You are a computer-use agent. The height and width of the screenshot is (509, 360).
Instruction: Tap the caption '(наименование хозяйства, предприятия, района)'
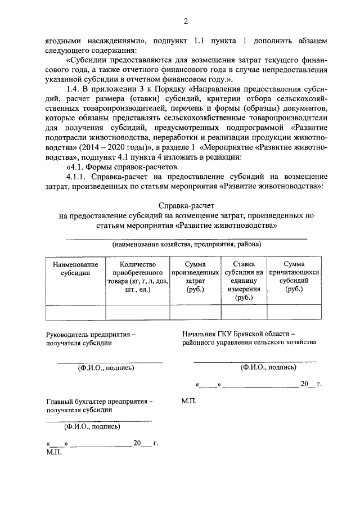pyautogui.click(x=186, y=245)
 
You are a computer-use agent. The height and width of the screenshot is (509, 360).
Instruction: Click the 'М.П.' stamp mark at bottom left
pyautogui.click(x=53, y=452)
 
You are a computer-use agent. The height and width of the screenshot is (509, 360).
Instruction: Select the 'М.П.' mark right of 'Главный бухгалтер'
pyautogui.click(x=190, y=402)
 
